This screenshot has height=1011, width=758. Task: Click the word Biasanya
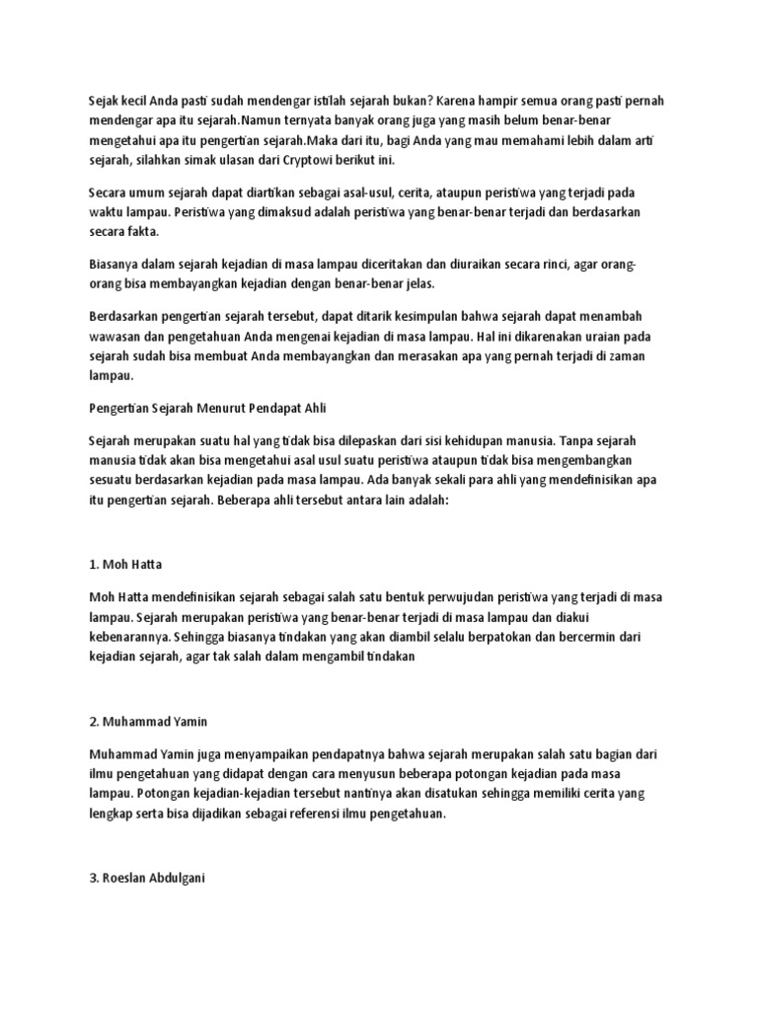[x=114, y=265]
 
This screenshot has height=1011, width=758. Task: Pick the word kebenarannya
[x=131, y=638]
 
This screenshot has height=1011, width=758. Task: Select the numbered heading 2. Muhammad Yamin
[x=149, y=722]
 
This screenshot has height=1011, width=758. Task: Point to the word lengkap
[x=111, y=815]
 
